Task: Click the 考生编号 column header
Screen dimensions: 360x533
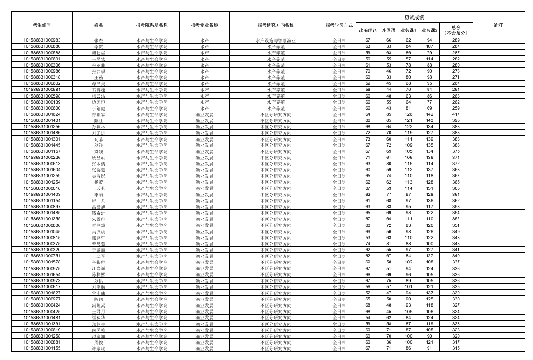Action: click(x=42, y=25)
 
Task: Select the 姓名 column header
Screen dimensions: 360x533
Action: click(x=98, y=25)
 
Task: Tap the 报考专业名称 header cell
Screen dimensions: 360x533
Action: click(x=204, y=25)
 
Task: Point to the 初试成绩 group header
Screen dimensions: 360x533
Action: click(x=413, y=17)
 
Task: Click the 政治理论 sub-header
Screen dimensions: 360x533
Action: click(x=368, y=30)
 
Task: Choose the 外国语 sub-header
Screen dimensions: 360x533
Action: click(x=389, y=30)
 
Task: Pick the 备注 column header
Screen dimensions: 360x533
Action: click(x=498, y=25)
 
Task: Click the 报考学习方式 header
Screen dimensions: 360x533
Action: click(x=339, y=25)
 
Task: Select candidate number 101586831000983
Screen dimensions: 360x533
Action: click(x=42, y=40)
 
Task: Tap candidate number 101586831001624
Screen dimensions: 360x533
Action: click(x=42, y=114)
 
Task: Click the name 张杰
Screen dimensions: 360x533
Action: click(x=98, y=41)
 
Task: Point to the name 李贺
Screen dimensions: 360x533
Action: click(x=98, y=47)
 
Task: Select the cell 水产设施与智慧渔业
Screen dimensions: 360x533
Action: click(x=276, y=41)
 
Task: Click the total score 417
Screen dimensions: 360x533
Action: click(x=456, y=114)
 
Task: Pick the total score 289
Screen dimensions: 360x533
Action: click(x=456, y=40)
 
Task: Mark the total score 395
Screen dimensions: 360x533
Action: click(x=456, y=120)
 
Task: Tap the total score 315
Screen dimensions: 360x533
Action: click(x=456, y=348)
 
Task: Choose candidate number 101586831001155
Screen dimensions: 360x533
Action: click(x=42, y=348)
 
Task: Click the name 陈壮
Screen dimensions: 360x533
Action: click(x=98, y=121)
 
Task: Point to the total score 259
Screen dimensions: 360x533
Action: click(x=456, y=108)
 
